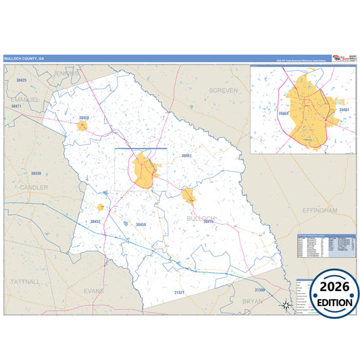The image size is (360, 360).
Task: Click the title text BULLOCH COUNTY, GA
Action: (x=24, y=59)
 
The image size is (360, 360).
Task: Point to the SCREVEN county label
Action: (x=224, y=90)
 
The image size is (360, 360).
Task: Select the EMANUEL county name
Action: (x=26, y=99)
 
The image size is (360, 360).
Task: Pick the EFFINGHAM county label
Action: (x=319, y=211)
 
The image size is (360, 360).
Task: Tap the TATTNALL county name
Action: (x=26, y=280)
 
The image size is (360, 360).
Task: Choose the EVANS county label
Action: (x=95, y=290)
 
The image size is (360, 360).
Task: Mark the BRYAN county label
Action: (x=253, y=301)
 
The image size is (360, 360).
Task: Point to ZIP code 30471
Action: (x=17, y=107)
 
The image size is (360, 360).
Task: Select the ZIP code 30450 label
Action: (x=84, y=118)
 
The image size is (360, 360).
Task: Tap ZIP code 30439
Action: (x=36, y=174)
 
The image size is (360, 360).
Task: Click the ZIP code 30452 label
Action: (x=96, y=221)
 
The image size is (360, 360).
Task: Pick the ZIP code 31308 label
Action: (x=261, y=290)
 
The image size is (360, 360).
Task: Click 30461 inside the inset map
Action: (x=343, y=109)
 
